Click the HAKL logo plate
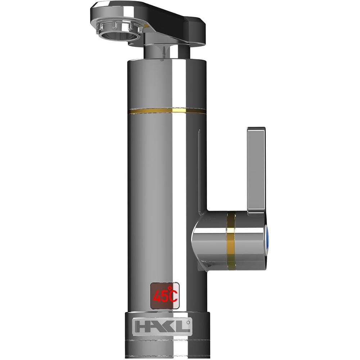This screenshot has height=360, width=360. (162, 327)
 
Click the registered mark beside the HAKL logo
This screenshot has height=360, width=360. (188, 322)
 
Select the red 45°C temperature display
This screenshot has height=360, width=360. (165, 296)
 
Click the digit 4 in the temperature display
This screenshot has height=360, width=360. (157, 297)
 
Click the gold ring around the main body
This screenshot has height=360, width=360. (168, 111)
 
